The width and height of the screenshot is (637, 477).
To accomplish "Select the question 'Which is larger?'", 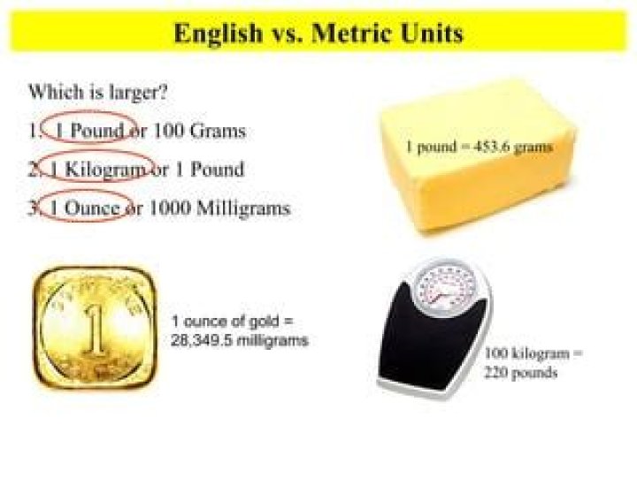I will tap(98, 91).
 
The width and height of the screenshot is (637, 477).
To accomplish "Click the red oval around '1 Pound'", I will tap(90, 130).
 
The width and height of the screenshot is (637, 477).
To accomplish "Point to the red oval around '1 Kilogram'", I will tap(96, 168).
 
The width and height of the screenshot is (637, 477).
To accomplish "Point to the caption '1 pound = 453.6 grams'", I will tap(479, 148).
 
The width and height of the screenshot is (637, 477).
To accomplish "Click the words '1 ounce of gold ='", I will tap(231, 322).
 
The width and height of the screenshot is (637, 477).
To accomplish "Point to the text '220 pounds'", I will tap(520, 372).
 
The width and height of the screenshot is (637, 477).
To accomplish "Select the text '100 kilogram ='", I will tap(533, 353).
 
